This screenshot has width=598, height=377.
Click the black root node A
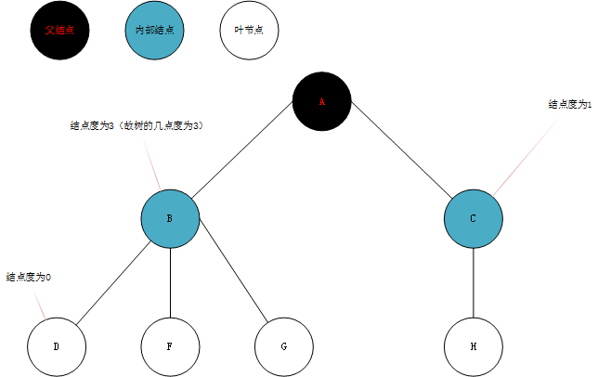click(322, 101)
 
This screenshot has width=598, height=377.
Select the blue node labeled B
click(170, 218)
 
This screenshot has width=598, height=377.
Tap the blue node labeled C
click(474, 218)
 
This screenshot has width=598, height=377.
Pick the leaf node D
click(57, 346)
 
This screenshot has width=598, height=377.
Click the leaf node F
click(170, 346)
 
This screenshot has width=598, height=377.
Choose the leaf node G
click(283, 346)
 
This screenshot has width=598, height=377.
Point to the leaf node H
click(474, 346)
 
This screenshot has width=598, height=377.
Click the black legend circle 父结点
click(59, 30)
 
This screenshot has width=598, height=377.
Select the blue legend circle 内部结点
click(154, 30)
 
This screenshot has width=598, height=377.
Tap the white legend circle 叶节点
click(249, 30)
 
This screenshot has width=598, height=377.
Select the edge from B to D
click(113, 282)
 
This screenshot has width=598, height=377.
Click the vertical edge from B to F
click(170, 282)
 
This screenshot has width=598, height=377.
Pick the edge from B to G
click(227, 282)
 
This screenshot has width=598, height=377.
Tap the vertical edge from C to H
click(474, 282)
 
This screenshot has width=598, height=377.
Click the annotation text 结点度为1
click(570, 105)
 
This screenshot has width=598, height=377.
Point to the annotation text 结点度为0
click(29, 277)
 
